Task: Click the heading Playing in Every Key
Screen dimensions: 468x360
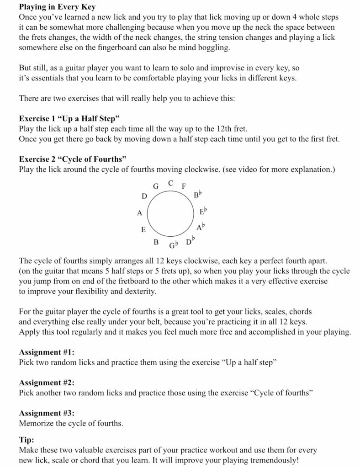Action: pos(57,7)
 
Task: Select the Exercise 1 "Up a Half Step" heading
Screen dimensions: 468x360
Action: pos(69,119)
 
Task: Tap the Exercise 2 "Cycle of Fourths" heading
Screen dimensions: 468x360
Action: pos(73,159)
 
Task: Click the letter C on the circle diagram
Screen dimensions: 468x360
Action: pos(170,183)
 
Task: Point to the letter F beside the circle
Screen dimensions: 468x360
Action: pos(184,186)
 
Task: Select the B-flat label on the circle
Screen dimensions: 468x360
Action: pos(197,196)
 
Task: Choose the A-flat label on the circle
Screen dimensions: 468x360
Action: pos(200,227)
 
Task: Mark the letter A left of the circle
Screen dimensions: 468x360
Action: pos(139,213)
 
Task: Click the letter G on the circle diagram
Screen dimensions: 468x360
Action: pos(155,186)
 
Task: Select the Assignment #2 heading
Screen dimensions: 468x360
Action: pos(47,383)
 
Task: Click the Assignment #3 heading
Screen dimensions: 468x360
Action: pos(47,413)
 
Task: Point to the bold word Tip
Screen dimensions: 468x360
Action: pos(26,440)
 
